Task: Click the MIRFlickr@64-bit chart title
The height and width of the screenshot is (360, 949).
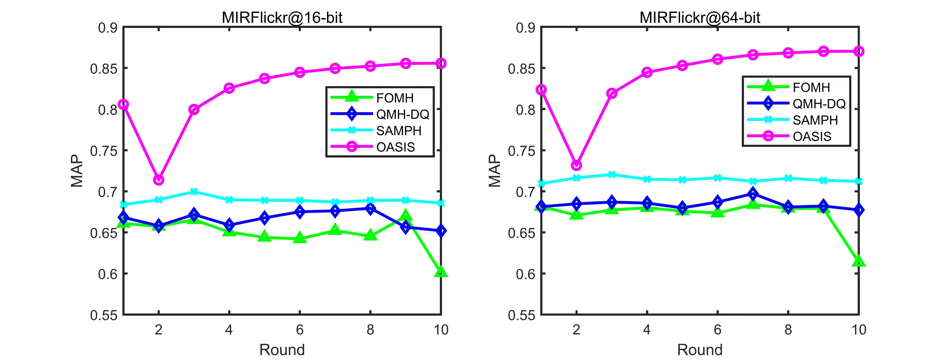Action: coord(700,17)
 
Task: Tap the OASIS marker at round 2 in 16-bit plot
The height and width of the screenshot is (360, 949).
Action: coord(158,180)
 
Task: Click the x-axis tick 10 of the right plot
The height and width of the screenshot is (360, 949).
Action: coord(859,329)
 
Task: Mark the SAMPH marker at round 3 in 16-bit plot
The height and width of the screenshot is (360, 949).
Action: coord(194,192)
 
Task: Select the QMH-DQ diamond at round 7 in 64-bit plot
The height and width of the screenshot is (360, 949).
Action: coord(753,193)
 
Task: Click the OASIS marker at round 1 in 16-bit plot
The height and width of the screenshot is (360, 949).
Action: coord(123,104)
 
